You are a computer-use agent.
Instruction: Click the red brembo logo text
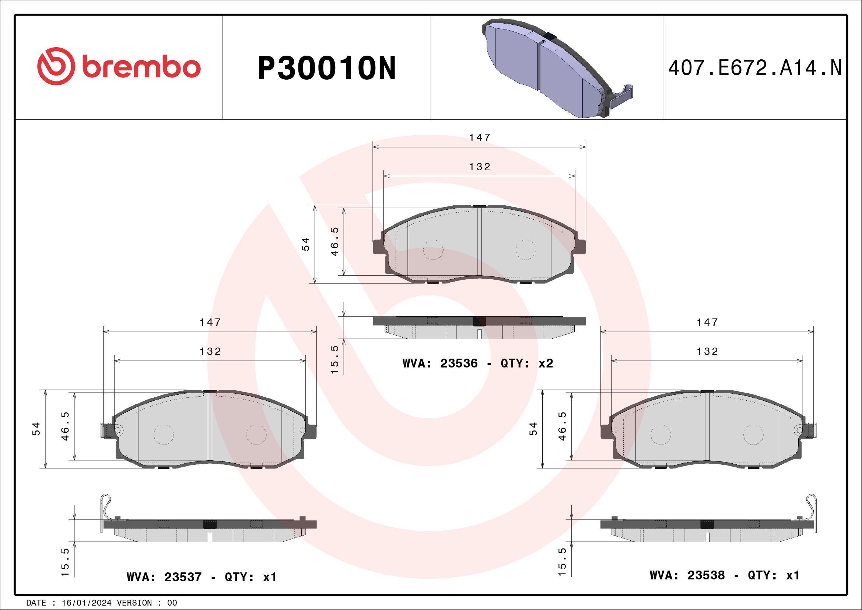coord(141,67)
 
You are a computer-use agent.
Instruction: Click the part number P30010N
coord(327,68)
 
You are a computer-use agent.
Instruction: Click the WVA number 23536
coord(458,363)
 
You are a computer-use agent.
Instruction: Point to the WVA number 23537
coord(183,576)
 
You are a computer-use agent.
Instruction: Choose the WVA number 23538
coord(705,575)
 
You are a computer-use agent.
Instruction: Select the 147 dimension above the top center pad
coord(479,138)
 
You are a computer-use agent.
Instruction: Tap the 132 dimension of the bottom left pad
coord(210,352)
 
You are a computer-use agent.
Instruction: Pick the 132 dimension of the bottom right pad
coord(707,352)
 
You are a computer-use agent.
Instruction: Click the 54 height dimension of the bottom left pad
coord(36,429)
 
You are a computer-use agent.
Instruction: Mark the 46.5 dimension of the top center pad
coord(334,241)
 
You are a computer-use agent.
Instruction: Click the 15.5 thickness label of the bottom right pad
coord(562,562)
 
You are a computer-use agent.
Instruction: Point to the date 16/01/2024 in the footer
coord(86,603)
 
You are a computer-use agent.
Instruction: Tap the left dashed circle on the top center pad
coord(433,250)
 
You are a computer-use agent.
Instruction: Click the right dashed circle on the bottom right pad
coord(753,435)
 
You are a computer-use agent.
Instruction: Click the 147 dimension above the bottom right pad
coord(707,322)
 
